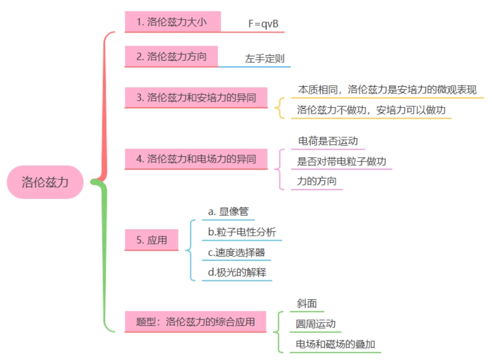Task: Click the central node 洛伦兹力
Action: [x=46, y=182]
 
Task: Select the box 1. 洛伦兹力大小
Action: [x=172, y=22]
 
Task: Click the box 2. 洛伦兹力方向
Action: [x=171, y=56]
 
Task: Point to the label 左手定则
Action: [x=265, y=59]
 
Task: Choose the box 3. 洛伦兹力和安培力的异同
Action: [x=196, y=98]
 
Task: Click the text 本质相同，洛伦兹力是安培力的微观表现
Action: [x=387, y=89]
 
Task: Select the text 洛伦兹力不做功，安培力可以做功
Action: [x=372, y=110]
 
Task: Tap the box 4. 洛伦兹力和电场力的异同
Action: [x=196, y=159]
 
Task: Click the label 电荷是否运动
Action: [x=328, y=141]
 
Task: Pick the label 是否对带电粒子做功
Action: [x=342, y=161]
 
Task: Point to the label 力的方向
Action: [x=317, y=181]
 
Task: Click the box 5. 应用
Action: [x=151, y=240]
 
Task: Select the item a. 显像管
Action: [x=228, y=211]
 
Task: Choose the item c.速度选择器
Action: [x=237, y=252]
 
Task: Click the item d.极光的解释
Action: [x=237, y=272]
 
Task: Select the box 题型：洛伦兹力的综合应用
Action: [x=196, y=322]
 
